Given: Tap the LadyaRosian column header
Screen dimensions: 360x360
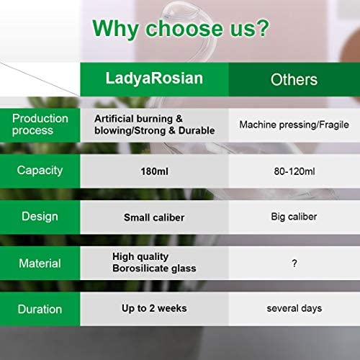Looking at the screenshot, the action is coord(154,78).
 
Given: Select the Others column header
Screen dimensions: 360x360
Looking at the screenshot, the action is coord(294,79).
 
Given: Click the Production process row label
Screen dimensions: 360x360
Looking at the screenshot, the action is coord(40,125).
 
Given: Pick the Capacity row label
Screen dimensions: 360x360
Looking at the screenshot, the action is coord(40,171).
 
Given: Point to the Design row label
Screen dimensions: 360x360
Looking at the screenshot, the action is coord(40,217).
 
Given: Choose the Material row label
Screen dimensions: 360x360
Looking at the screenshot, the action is coord(40,264).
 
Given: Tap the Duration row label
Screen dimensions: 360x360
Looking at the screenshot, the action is coord(40,309).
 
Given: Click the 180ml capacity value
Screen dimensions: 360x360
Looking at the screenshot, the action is coord(154,171).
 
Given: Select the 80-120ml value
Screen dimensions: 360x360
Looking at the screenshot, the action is coord(294,171).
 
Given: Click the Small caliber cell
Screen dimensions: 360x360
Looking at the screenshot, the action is coord(154,217).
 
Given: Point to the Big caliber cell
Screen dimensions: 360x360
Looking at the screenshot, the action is coord(294,217).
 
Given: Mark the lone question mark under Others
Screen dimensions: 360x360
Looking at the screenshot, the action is coord(294,264).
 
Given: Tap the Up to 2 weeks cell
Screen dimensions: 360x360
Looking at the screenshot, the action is coord(154,308).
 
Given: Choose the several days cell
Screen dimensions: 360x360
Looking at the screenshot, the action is coord(294,308).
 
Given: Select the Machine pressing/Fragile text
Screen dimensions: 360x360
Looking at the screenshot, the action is coord(294,125).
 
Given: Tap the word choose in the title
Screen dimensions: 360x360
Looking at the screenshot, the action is coord(184,29).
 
